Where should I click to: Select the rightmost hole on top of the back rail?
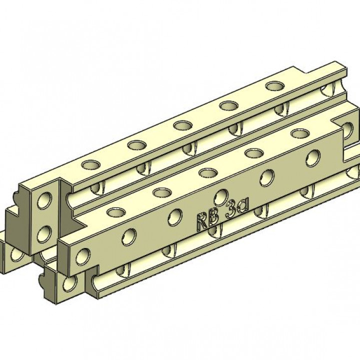274,86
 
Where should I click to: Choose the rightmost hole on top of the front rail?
300,133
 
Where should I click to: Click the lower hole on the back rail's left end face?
46,232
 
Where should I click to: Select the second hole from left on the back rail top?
136,145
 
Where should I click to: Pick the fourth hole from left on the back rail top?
228,105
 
